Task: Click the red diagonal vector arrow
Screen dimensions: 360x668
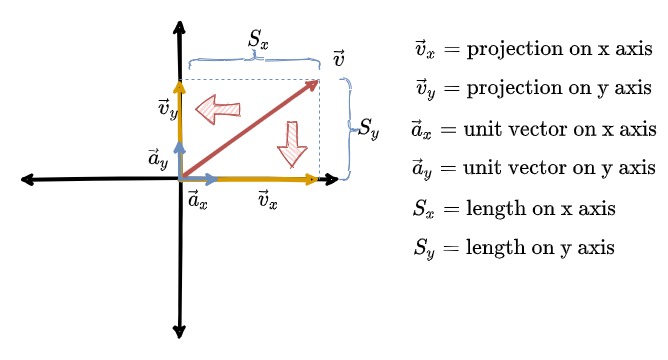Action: [250, 129]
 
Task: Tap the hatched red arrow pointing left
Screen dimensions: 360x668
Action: [217, 108]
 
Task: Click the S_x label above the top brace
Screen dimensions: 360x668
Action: [258, 41]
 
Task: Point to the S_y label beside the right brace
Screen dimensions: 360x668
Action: [368, 130]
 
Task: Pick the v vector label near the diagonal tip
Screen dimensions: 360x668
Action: [339, 60]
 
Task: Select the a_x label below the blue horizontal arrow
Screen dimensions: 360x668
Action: [197, 200]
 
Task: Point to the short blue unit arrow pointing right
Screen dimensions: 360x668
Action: [200, 180]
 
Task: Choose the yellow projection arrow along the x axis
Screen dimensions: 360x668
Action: [270, 180]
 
